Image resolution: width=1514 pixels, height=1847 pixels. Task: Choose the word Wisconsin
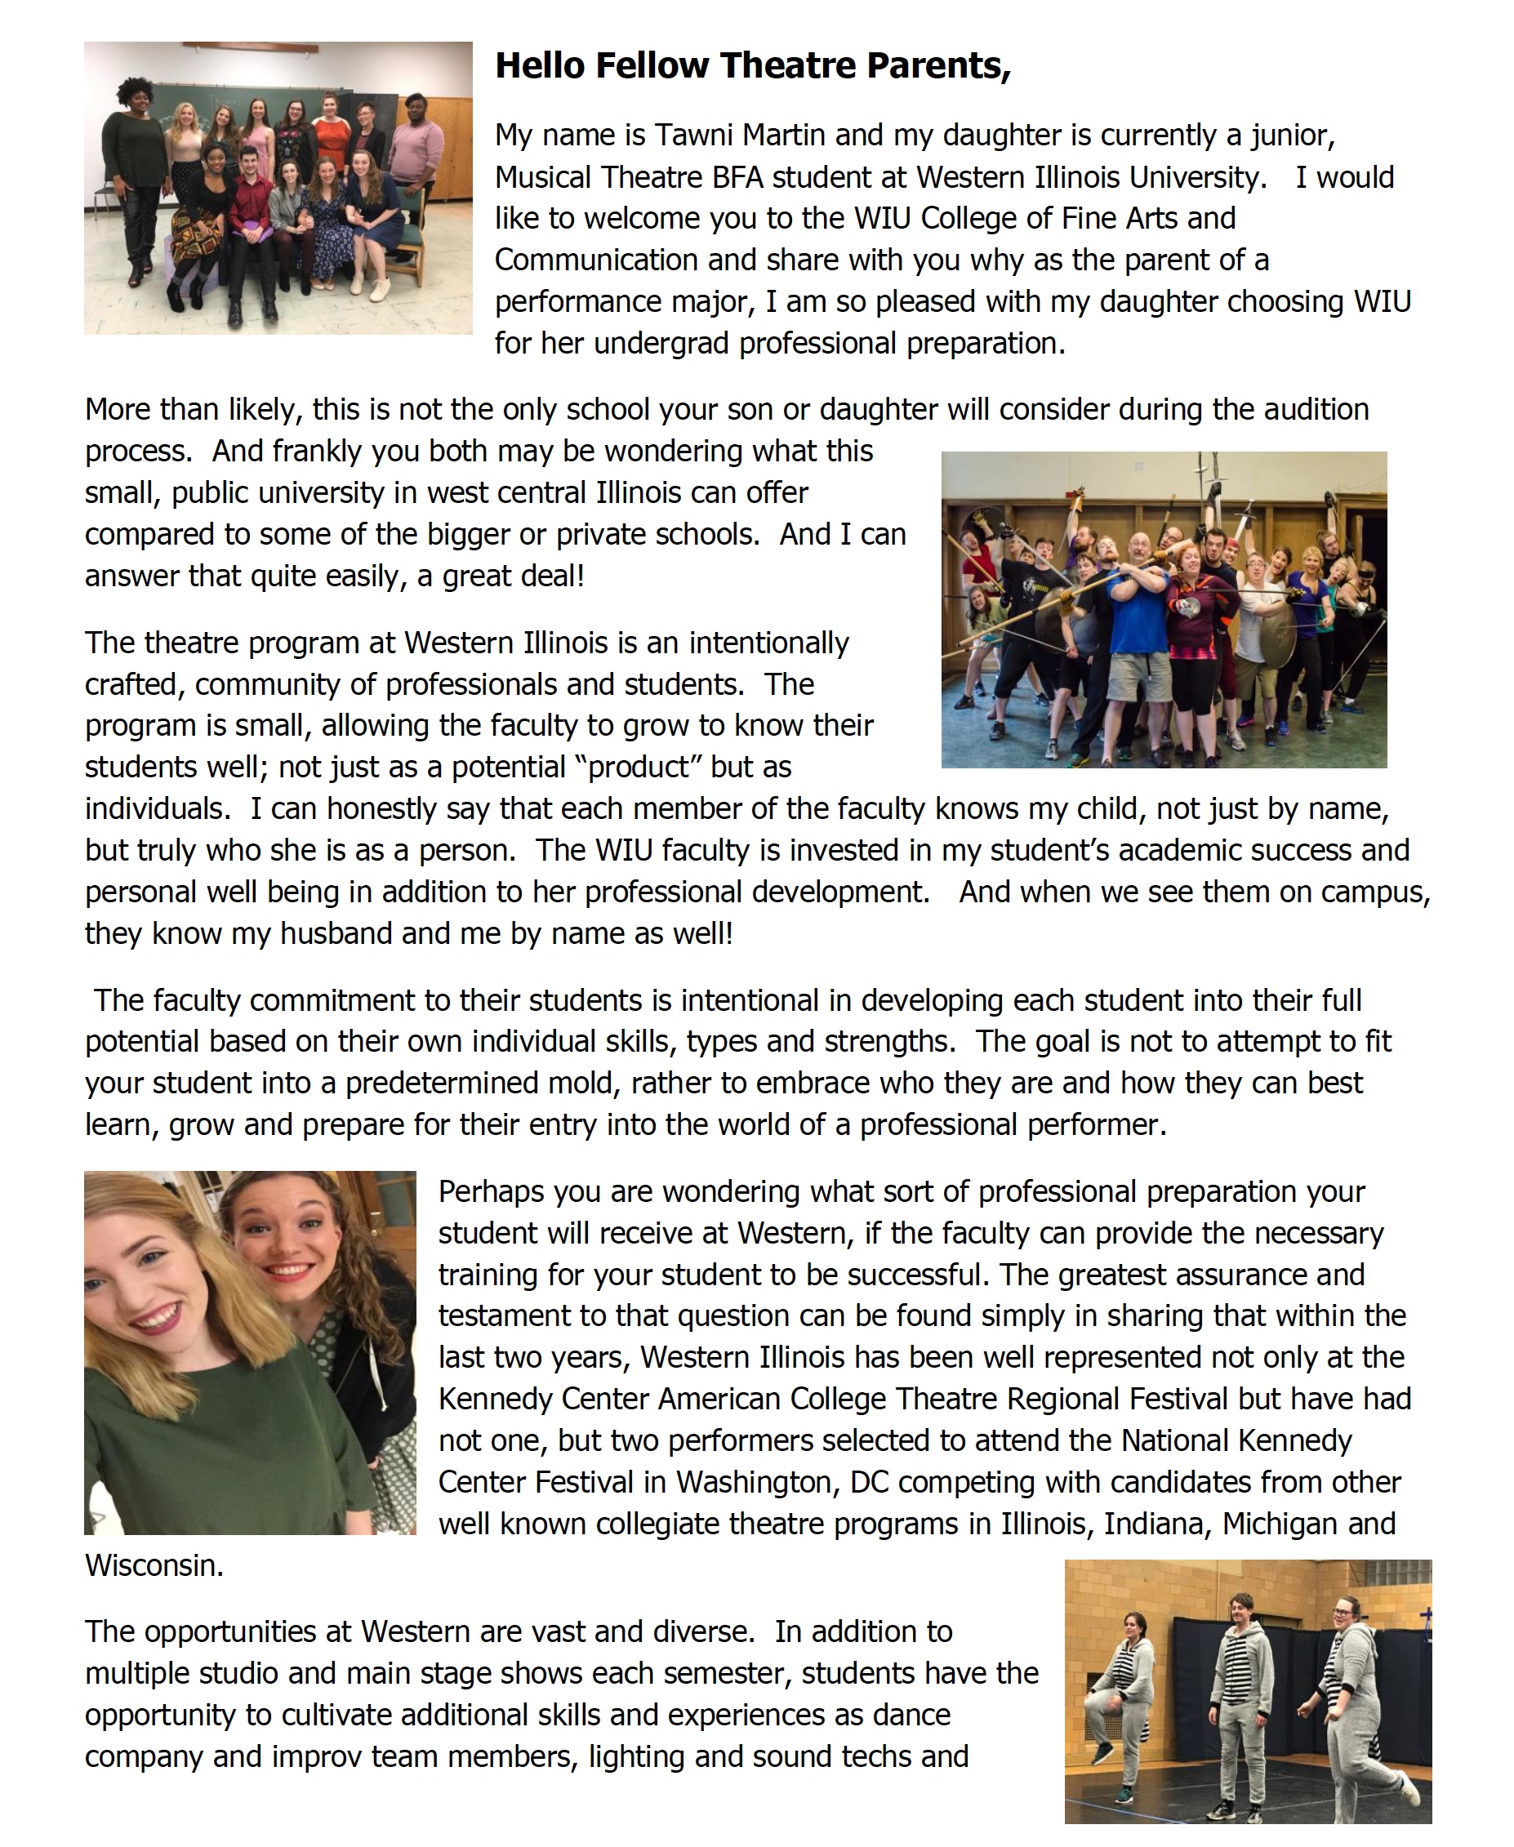pyautogui.click(x=154, y=1566)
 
